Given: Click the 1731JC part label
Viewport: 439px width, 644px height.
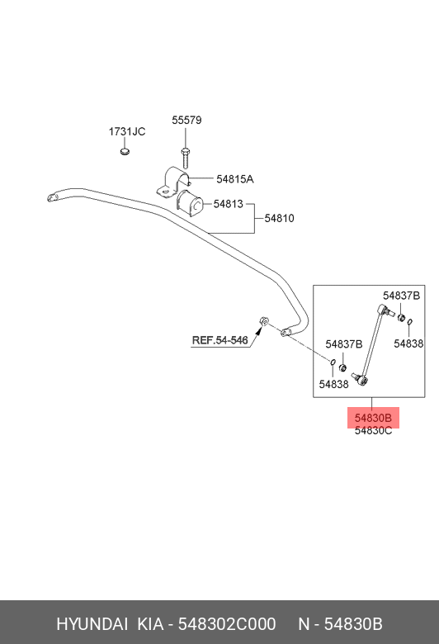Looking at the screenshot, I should [x=127, y=132].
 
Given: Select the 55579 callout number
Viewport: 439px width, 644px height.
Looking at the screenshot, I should [x=186, y=121].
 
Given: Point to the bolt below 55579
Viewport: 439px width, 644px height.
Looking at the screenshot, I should [x=186, y=157].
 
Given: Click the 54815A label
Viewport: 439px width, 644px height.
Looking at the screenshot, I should [x=235, y=179].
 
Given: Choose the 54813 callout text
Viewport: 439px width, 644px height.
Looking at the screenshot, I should [x=228, y=203].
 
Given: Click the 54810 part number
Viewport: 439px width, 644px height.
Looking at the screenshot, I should [x=279, y=219].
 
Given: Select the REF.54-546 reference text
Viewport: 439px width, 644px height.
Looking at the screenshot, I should [x=220, y=340].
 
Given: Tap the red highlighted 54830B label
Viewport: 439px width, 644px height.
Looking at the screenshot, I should [x=373, y=418].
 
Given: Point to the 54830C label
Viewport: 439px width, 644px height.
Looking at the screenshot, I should [x=373, y=431].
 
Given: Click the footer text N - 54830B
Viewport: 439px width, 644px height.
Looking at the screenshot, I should [x=340, y=624].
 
